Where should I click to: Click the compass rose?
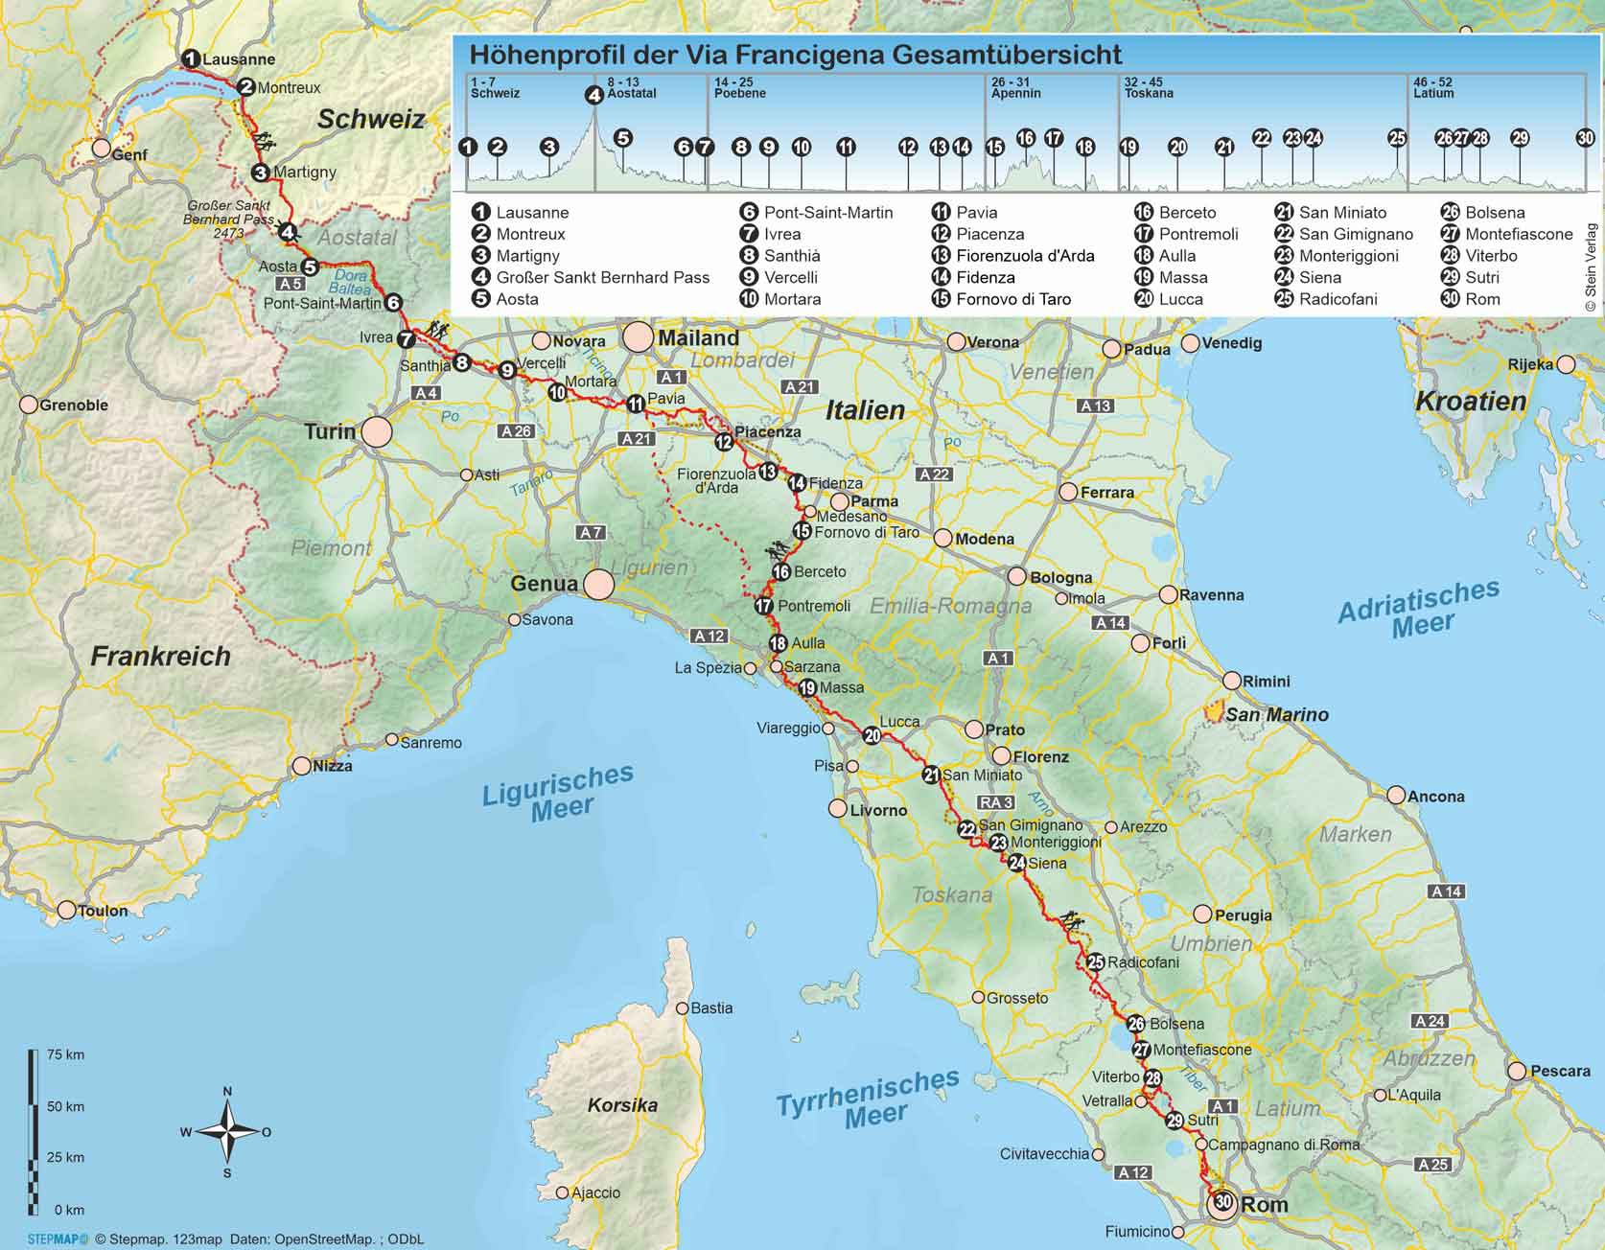[227, 1132]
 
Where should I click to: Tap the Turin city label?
[330, 431]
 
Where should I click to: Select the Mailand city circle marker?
[638, 337]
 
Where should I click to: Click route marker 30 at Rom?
[1222, 1202]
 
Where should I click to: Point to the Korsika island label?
[622, 1105]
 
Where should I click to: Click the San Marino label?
[1277, 714]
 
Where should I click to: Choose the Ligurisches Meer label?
[558, 792]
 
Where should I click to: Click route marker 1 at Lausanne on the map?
[191, 58]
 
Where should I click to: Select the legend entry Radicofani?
[1337, 299]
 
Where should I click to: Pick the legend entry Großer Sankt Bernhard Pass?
[602, 277]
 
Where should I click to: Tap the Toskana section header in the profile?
[1149, 94]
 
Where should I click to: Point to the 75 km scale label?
[65, 1054]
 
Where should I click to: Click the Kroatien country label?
[1470, 401]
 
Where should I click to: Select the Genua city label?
[545, 583]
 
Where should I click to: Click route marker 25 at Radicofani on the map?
[1095, 962]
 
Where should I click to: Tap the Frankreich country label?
[160, 656]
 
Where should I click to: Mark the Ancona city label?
[1435, 797]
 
